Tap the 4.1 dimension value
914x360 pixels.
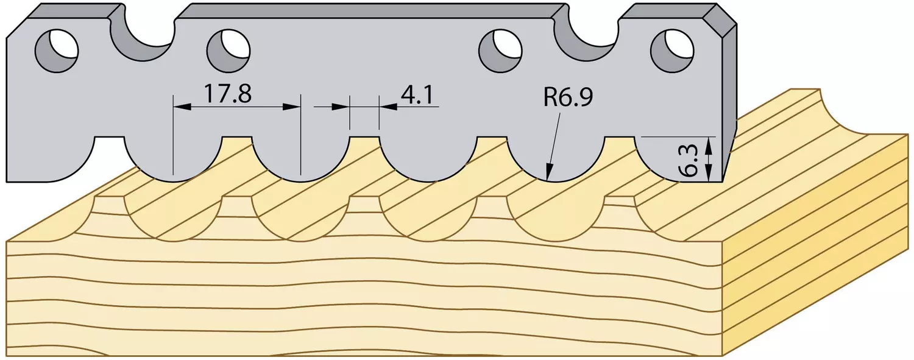pos(417,95)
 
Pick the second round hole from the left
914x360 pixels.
pos(228,51)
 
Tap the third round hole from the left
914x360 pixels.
pos(500,51)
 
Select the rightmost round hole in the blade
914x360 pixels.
pos(671,51)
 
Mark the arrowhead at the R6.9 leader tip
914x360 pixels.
pos(548,172)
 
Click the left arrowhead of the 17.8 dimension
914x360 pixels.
pos(182,107)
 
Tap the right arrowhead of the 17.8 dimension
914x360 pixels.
pos(292,107)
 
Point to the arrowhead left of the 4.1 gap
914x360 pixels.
pos(341,107)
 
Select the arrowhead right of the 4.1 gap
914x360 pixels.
pos(388,107)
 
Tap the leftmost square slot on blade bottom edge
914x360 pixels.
pos(109,147)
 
